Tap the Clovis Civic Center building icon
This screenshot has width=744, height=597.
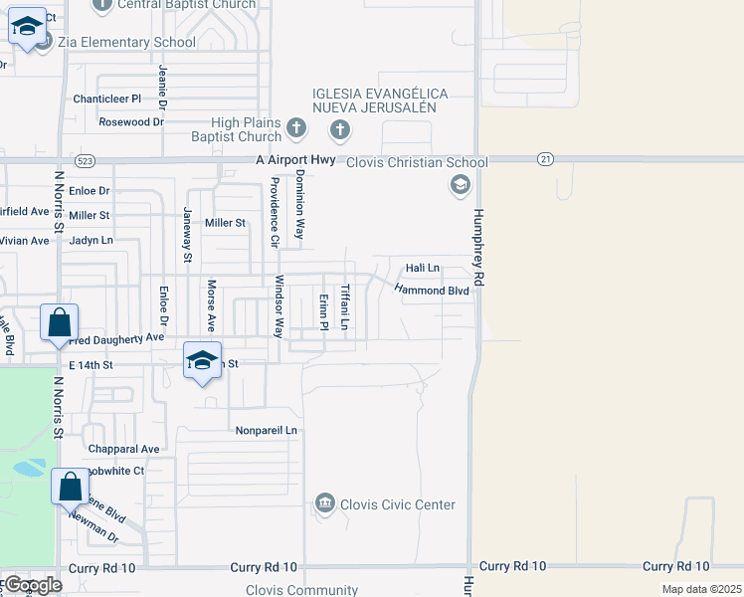click(x=324, y=504)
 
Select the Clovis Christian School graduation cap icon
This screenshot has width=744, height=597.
click(x=460, y=184)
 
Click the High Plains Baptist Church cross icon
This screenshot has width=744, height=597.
click(x=295, y=128)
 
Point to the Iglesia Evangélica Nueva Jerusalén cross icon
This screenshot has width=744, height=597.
click(x=340, y=129)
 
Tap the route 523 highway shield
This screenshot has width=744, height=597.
click(x=86, y=159)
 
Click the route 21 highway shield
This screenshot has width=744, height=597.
click(x=544, y=159)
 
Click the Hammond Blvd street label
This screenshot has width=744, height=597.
click(x=431, y=289)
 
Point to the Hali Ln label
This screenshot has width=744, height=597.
click(x=422, y=268)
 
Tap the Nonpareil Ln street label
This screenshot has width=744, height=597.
click(x=267, y=430)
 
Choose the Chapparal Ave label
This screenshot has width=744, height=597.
click(x=123, y=450)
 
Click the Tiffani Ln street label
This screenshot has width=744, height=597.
click(x=345, y=307)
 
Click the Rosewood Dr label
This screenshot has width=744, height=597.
click(x=130, y=121)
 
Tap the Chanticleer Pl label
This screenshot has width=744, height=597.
click(x=107, y=99)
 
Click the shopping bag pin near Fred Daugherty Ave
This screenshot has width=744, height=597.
click(x=59, y=324)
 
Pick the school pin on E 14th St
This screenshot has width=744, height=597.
click(x=201, y=361)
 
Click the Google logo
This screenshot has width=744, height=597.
click(x=34, y=585)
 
